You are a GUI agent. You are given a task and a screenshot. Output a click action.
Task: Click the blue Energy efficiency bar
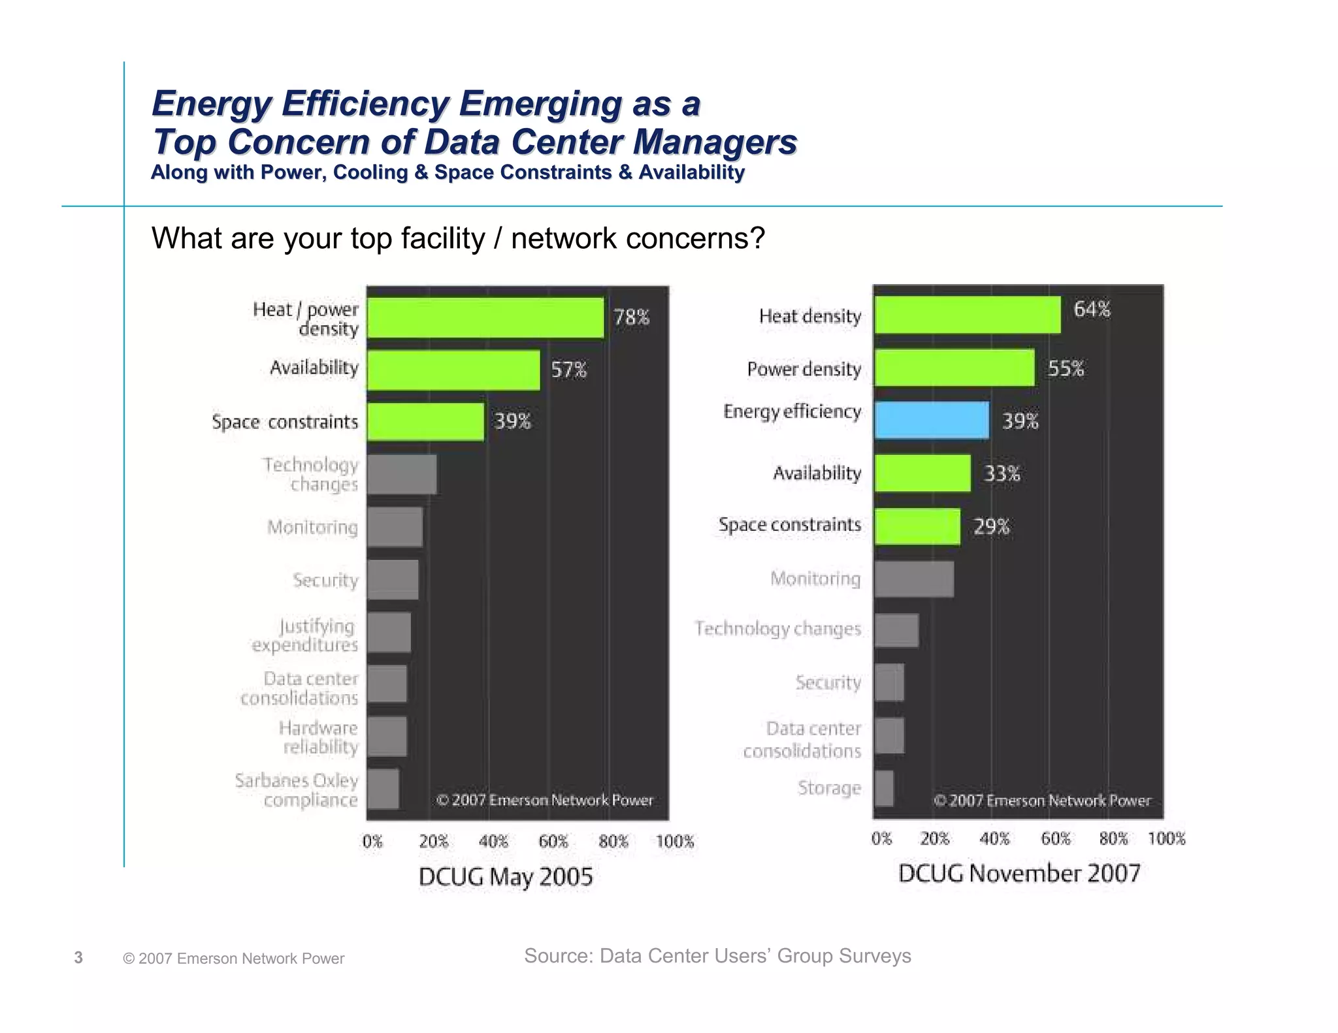(x=932, y=420)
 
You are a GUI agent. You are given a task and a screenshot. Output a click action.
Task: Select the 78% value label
(x=631, y=317)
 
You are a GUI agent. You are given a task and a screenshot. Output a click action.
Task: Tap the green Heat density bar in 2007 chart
(x=967, y=315)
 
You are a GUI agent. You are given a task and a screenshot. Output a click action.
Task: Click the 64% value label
(x=1092, y=309)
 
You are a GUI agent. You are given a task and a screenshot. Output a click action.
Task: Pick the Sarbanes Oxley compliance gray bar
(x=383, y=789)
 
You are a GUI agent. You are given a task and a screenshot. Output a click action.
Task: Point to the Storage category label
(x=829, y=788)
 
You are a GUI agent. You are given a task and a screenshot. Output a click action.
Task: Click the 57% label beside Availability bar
(x=568, y=370)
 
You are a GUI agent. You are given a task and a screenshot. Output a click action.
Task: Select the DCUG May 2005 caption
(x=506, y=876)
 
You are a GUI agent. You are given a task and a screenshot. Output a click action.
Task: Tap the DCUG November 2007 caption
(x=1019, y=873)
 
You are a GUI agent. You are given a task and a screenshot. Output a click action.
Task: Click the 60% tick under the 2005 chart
(x=553, y=841)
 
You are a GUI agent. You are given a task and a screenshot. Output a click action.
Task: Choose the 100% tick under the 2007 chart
(x=1166, y=838)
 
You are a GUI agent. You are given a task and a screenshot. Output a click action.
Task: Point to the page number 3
(x=78, y=957)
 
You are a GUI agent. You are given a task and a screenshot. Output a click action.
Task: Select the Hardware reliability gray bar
(x=387, y=737)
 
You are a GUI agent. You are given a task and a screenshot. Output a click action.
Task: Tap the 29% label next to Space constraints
(x=991, y=526)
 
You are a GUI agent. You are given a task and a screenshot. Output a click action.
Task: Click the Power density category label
(x=804, y=369)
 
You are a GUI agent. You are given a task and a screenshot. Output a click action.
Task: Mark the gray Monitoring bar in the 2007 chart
(x=913, y=579)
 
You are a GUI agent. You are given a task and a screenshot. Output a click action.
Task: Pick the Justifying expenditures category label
(x=305, y=635)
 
